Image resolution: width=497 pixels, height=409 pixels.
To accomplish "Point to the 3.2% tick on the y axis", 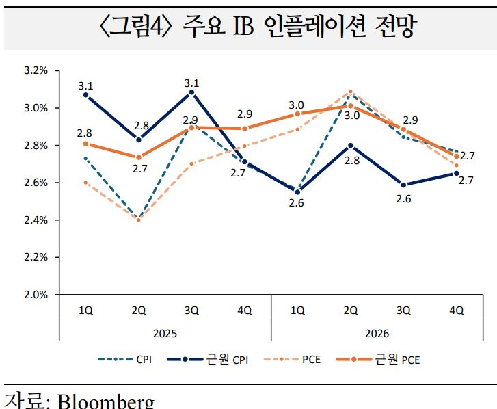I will (x=36, y=70).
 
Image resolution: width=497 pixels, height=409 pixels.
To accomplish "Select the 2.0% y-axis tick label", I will (x=36, y=295).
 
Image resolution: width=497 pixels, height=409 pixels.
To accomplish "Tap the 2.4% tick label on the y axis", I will (x=36, y=220).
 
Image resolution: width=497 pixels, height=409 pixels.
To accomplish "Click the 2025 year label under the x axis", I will (x=165, y=334).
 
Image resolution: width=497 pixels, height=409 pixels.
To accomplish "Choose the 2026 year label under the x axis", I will (x=377, y=334).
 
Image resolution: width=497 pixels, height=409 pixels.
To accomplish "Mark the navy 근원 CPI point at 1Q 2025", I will (x=85, y=95).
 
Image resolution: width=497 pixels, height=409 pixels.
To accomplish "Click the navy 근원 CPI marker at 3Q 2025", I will (x=191, y=92).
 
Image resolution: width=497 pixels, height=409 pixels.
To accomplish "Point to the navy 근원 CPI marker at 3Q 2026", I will (x=404, y=185).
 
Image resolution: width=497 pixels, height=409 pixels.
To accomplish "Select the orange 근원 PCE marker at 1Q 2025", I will (x=85, y=144).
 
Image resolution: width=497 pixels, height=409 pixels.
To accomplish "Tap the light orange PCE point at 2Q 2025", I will (x=139, y=220).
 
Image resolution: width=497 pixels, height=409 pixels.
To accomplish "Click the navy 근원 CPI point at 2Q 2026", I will (x=351, y=145).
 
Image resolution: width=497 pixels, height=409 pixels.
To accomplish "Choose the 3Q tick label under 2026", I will (x=404, y=310).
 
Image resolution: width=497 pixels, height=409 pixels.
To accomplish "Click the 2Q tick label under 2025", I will (x=139, y=310).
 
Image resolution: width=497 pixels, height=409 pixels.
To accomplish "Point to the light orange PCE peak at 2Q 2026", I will (x=351, y=91).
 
